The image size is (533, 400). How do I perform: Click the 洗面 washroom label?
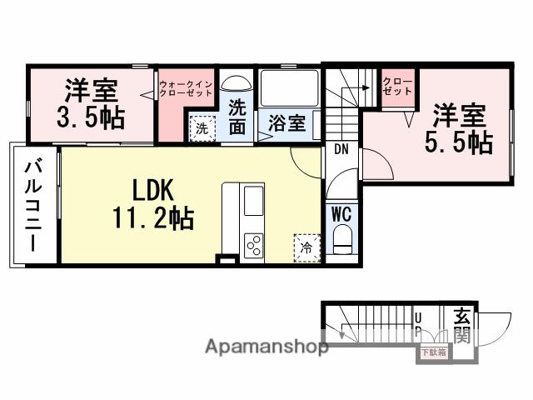click(238, 117)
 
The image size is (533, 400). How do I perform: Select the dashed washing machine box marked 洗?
click(202, 129)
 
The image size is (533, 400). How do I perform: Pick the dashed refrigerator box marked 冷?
click(306, 247)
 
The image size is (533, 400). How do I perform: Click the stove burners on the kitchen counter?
click(252, 244)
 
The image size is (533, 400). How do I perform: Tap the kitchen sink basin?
click(252, 202)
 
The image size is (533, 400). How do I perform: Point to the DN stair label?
click(341, 150)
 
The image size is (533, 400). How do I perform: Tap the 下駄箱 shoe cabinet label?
click(433, 353)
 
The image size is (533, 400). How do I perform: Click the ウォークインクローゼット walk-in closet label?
click(187, 88)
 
